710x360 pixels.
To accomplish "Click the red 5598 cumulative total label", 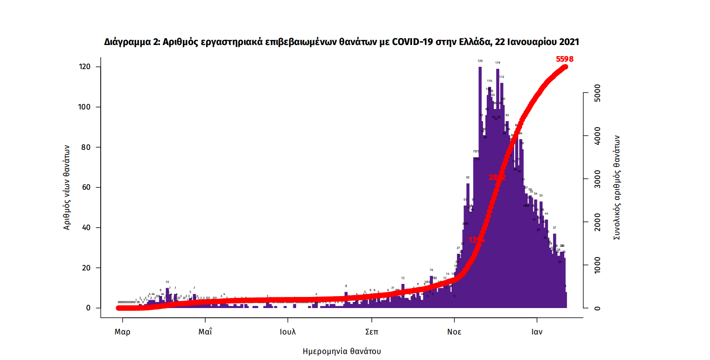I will point(565,59).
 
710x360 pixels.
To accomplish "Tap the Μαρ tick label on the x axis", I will point(123,332).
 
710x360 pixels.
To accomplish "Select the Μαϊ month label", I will point(205,332).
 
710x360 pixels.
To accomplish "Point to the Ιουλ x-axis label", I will point(288,332).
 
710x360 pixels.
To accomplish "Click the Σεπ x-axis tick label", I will point(371,332).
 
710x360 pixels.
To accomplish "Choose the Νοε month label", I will point(454,332).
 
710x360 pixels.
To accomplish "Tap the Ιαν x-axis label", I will point(537,332).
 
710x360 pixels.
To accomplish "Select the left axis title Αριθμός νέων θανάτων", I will point(67,187).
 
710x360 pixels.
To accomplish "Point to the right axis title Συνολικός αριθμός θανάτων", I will point(617,187).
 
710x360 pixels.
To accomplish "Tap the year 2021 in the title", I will point(568,42).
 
